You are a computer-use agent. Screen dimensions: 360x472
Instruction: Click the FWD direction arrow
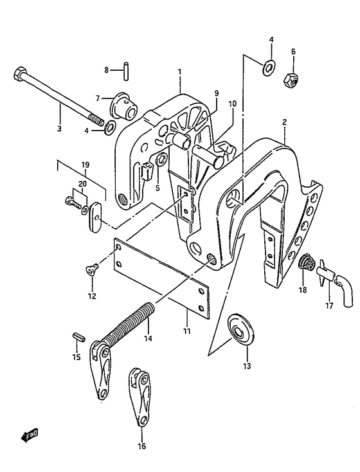[30, 435]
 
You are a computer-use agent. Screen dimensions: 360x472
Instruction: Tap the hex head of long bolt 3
[18, 73]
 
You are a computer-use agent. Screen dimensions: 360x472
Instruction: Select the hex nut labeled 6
[291, 80]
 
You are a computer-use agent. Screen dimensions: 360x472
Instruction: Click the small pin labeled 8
[127, 71]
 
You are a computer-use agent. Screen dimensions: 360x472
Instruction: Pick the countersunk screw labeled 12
[92, 269]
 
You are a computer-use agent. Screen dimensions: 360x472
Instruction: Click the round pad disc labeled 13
[240, 331]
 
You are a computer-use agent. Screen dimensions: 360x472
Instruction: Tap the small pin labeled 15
[79, 336]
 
